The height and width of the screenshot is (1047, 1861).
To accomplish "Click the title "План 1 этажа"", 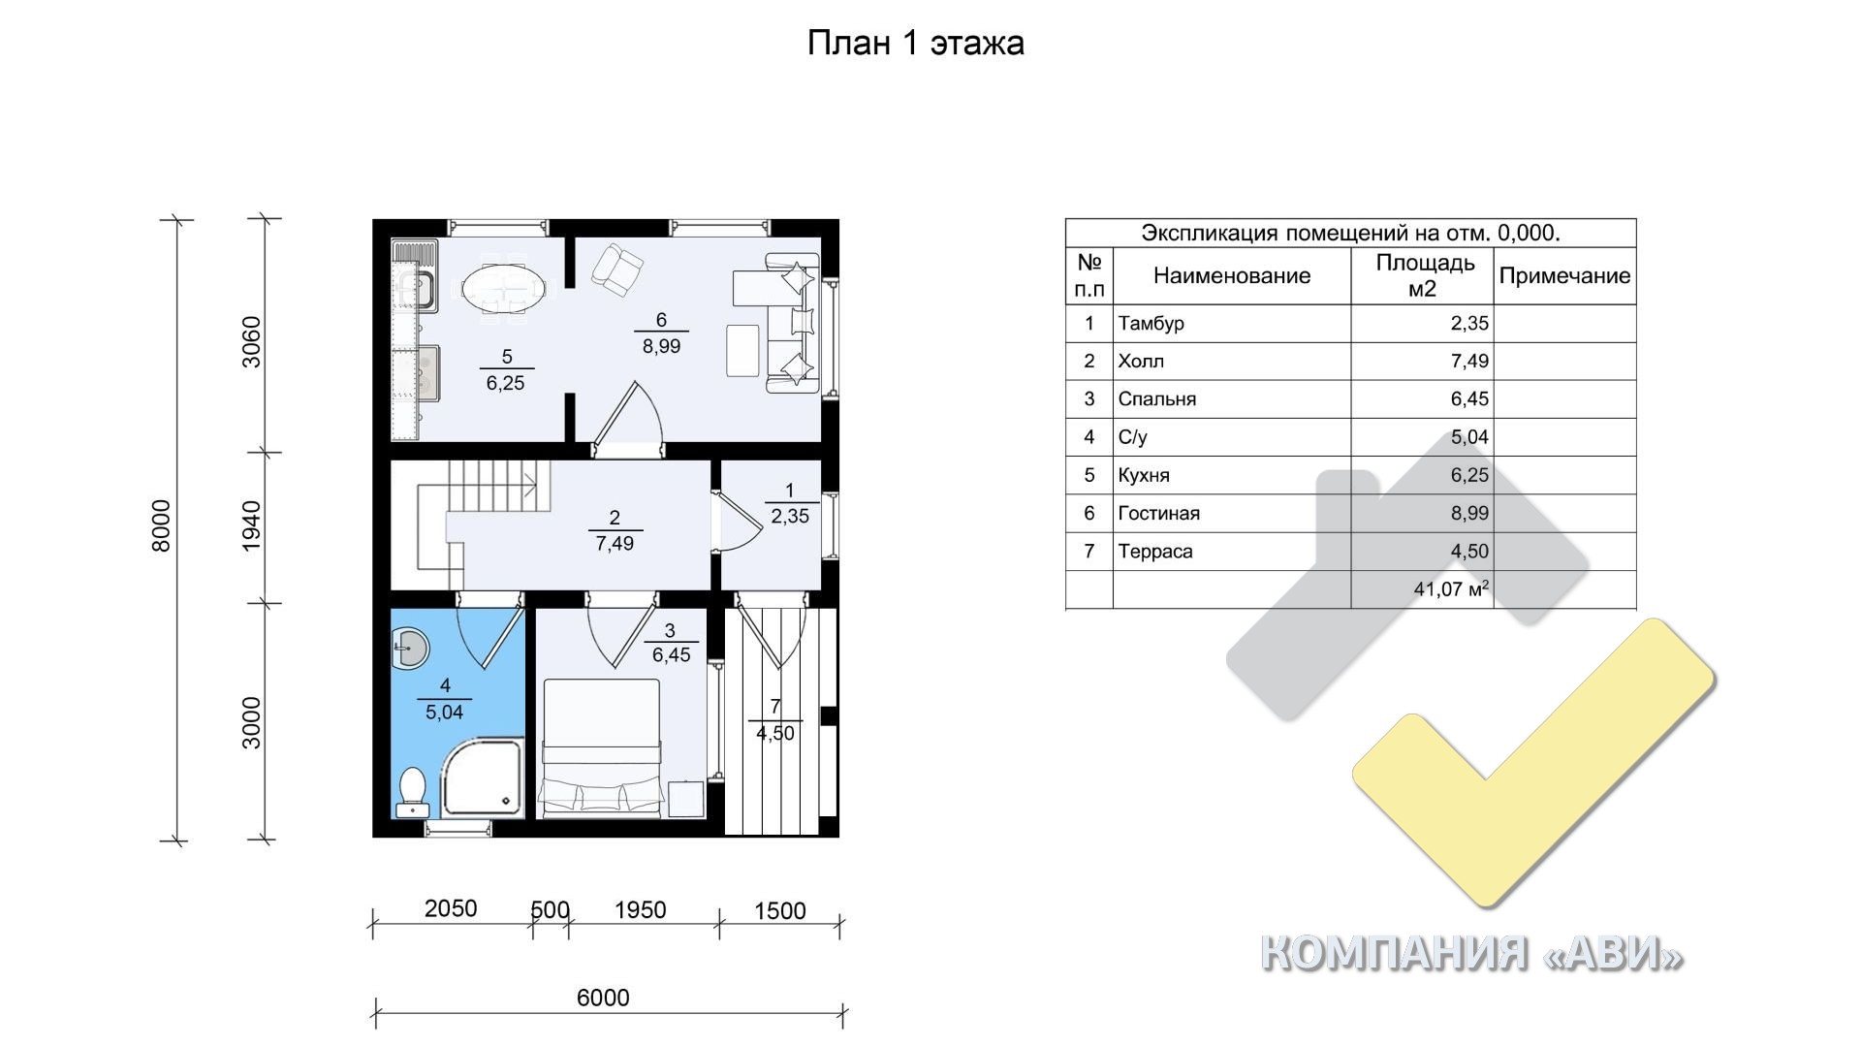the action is [915, 44].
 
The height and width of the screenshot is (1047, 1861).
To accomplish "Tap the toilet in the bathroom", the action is [413, 791].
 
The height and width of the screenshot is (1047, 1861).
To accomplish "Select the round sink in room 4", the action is [410, 647].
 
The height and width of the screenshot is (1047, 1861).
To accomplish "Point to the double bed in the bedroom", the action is [601, 746].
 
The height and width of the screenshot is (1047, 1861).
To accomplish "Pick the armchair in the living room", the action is [616, 269].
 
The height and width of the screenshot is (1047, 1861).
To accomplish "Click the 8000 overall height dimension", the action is [162, 525].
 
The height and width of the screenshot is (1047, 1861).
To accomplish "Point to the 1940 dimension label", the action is [251, 525].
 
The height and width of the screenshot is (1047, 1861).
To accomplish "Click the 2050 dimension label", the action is [451, 908].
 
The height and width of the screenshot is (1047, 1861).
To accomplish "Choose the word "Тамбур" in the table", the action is [1151, 324].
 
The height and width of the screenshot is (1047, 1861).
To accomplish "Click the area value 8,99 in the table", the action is [1469, 513].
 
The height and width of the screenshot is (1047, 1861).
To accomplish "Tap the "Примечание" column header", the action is [1564, 276].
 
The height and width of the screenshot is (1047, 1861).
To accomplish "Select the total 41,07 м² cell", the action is [1451, 588].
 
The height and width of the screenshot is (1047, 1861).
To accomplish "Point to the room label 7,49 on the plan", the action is [615, 544].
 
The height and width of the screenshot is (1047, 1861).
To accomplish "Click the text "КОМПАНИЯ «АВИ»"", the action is [1471, 953].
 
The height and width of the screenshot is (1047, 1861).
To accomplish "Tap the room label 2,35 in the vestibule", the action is [790, 517].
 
